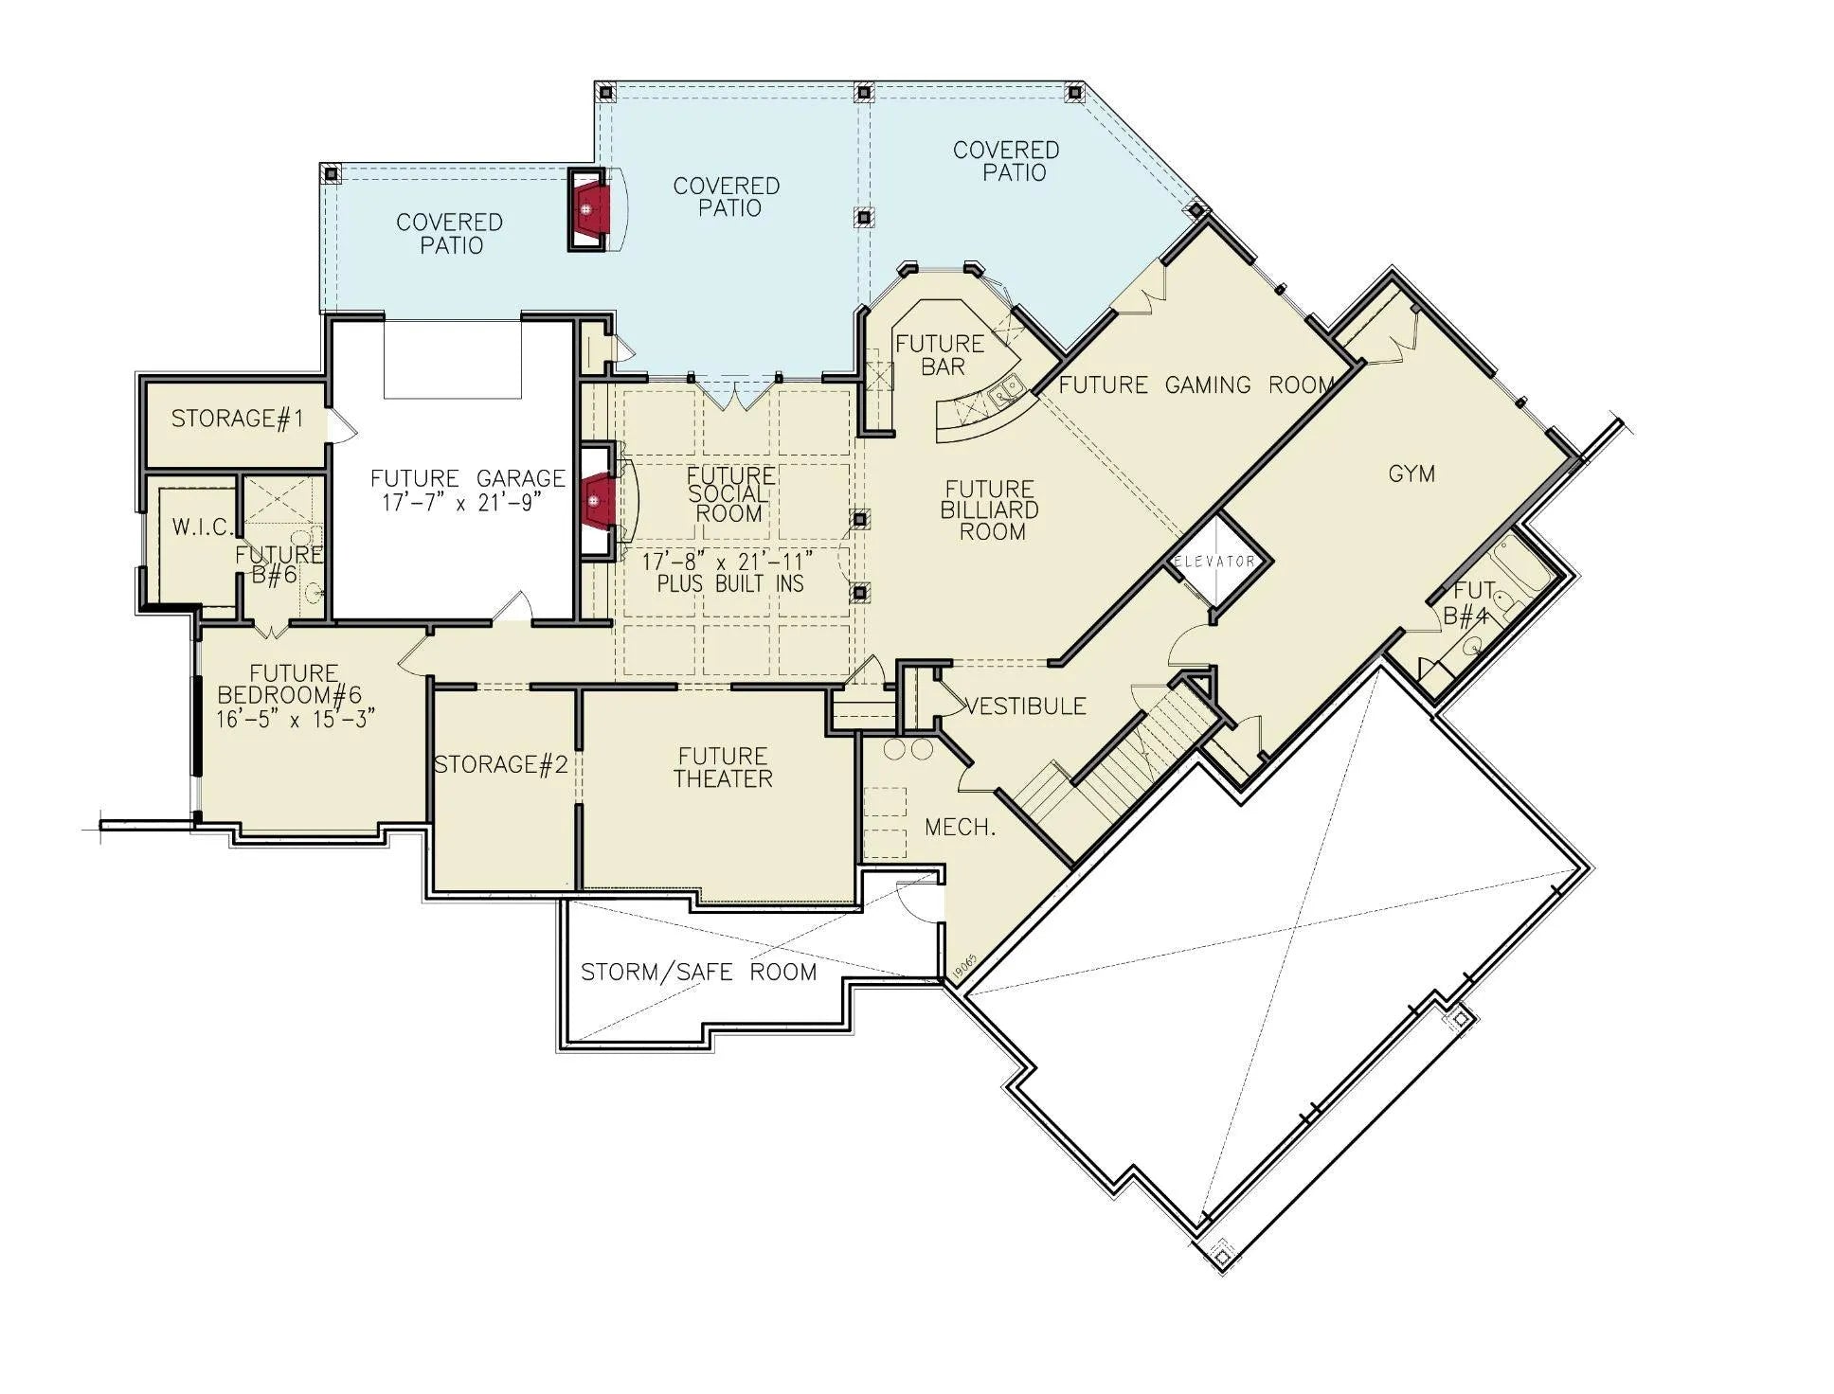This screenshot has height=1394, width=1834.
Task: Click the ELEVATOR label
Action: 1214,562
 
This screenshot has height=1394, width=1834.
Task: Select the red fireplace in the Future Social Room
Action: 598,499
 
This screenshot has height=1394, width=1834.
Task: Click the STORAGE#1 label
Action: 238,419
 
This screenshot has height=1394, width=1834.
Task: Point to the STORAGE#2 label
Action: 501,764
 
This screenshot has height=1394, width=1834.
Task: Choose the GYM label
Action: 1411,474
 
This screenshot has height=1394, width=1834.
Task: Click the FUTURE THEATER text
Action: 724,768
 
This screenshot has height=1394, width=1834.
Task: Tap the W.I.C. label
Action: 202,527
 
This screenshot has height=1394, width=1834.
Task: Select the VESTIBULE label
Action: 1025,706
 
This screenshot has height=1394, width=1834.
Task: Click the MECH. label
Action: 960,828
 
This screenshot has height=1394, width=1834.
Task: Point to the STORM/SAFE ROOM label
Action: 699,972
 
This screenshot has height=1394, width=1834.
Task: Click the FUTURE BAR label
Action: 941,355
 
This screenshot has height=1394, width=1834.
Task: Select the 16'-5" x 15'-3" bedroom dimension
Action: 297,719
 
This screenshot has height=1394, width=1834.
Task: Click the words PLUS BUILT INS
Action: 730,584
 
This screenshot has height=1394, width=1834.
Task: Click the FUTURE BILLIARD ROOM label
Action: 990,510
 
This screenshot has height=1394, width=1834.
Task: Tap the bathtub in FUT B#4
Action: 1521,565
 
